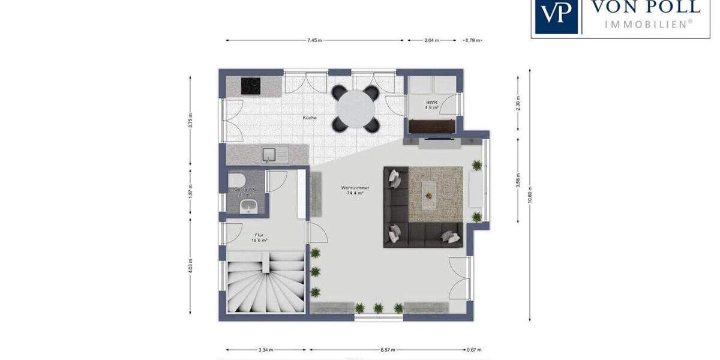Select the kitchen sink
point(275,155)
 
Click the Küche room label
point(310,118)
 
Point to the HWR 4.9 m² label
point(431,106)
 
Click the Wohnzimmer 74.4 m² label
point(355,191)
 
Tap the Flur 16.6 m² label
point(259,238)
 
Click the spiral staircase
point(265,282)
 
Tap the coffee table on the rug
point(430,192)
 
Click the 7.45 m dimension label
point(314,41)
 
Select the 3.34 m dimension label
point(266,350)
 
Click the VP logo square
point(556,15)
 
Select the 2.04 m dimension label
point(431,41)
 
